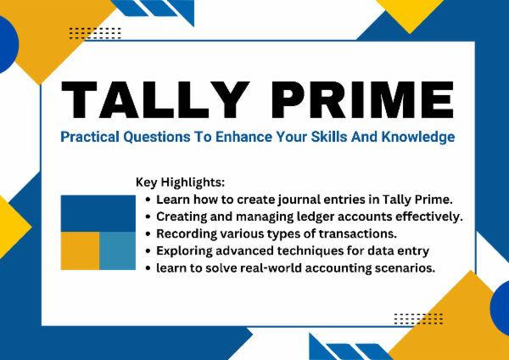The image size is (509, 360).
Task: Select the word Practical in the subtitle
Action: [88, 136]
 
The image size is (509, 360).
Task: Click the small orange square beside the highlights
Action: [80, 252]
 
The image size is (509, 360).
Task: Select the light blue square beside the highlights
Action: [117, 252]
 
